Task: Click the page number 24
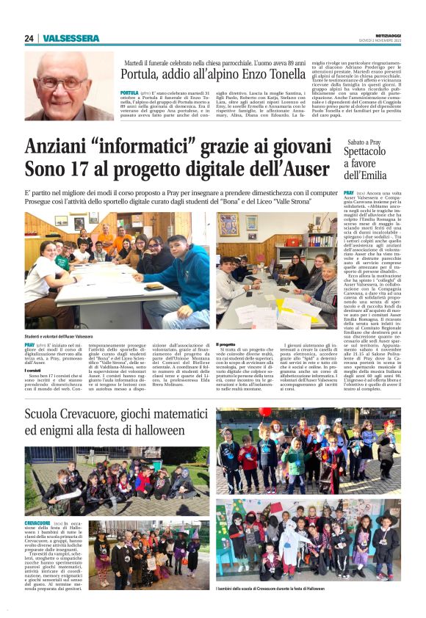(x=29, y=38)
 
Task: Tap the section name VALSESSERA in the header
(x=71, y=38)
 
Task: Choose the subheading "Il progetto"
(x=226, y=344)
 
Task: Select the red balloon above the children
(x=265, y=412)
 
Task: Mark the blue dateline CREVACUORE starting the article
(x=37, y=522)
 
